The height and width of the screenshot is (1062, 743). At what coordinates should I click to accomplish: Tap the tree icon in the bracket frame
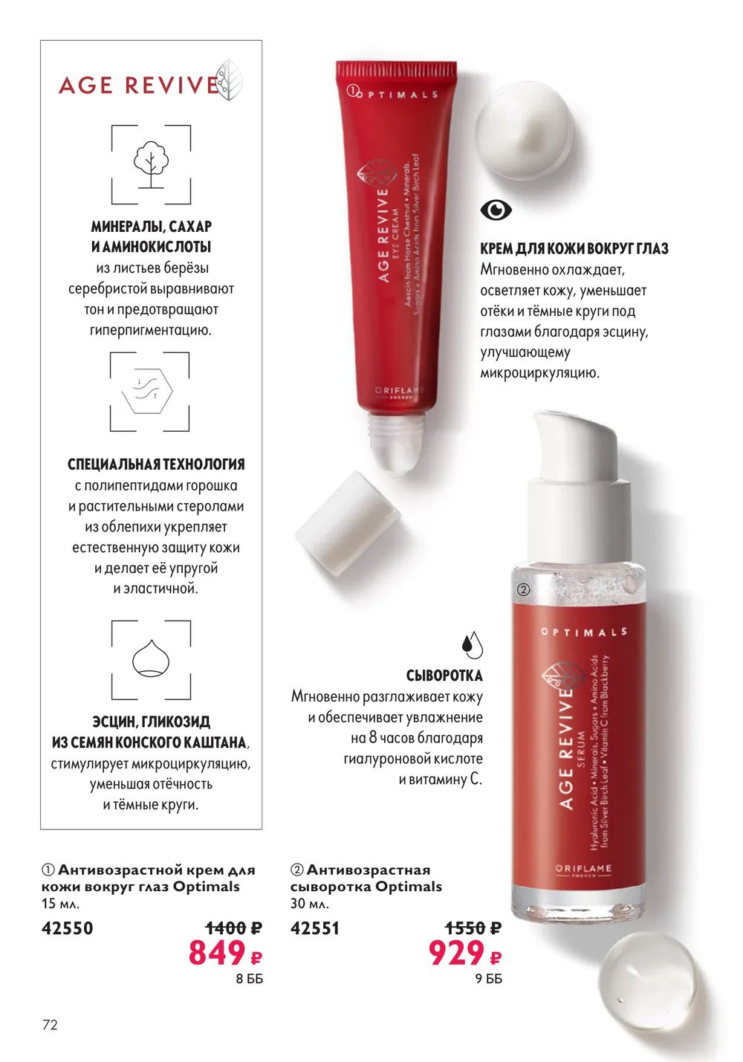151,163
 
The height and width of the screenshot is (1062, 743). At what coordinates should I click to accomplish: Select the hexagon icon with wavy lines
147,391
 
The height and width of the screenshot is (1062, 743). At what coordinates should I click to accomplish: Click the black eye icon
496,209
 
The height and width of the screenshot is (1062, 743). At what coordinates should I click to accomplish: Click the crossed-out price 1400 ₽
233,927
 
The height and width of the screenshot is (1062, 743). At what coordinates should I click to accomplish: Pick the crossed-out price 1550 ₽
473,927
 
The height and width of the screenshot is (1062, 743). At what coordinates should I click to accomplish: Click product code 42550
68,927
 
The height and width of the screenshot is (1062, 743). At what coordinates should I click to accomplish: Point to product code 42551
315,927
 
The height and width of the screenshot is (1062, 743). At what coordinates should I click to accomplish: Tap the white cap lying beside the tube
347,523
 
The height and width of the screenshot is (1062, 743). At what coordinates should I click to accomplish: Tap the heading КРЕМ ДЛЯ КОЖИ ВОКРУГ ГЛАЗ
574,248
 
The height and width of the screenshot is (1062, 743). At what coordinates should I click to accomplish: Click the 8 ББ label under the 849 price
249,979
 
